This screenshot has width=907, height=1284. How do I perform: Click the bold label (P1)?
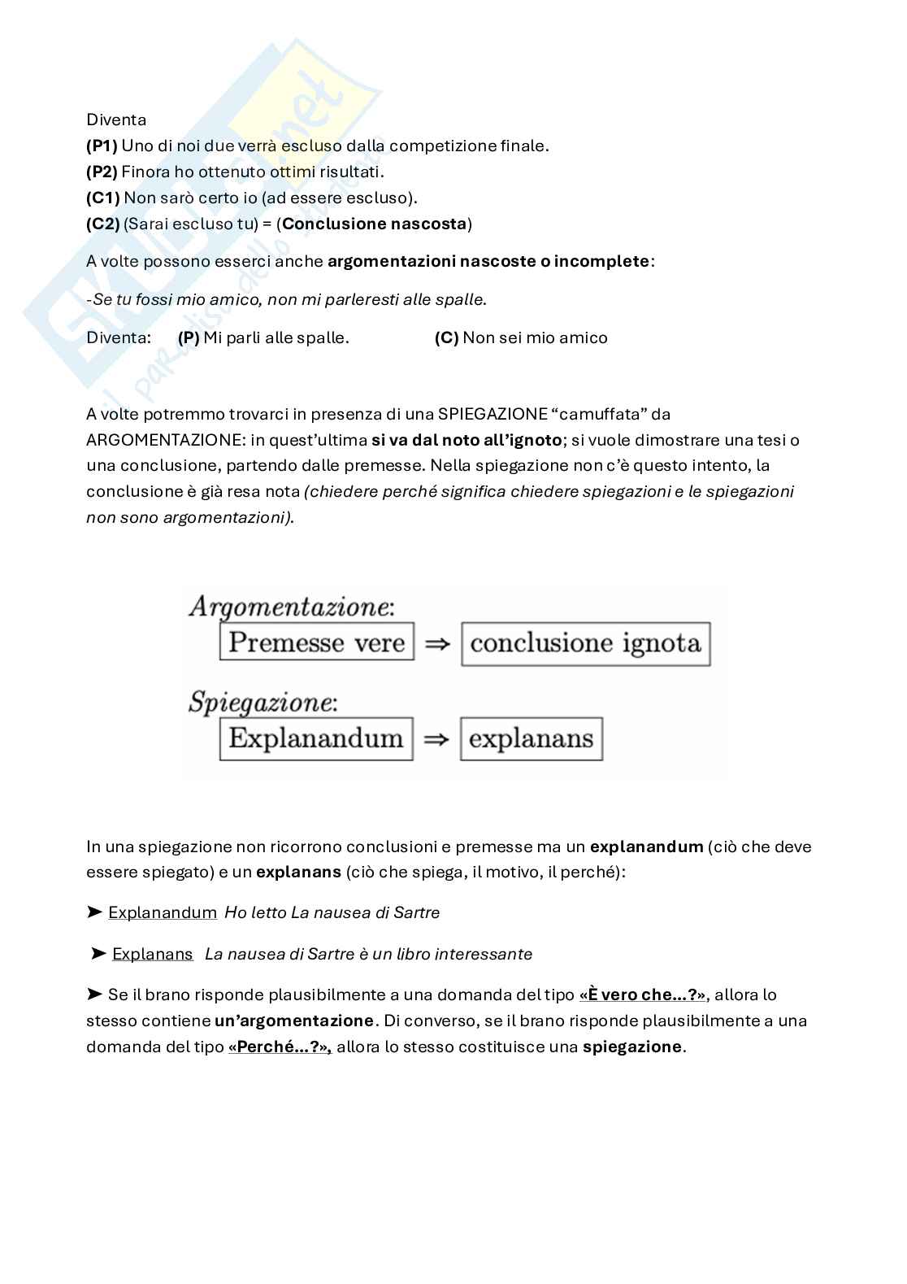pos(102,146)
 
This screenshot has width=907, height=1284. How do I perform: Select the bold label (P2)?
pos(102,172)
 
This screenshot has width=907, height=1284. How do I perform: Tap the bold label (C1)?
pos(103,198)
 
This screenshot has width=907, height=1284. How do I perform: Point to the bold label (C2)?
pos(103,224)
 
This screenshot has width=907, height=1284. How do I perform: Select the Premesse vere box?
pos(317,642)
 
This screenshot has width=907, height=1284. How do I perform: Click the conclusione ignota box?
pos(585,644)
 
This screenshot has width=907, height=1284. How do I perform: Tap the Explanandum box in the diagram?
pos(316,738)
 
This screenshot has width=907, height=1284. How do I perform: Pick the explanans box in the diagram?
pos(532,738)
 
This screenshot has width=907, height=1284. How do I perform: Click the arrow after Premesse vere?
pos(437,644)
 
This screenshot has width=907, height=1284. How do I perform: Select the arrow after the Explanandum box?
pos(436,739)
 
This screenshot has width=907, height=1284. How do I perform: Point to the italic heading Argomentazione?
pos(291,607)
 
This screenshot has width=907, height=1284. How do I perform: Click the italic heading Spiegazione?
pos(263,701)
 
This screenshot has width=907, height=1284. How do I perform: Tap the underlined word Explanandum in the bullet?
pos(163,912)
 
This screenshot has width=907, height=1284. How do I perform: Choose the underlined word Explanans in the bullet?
pos(153,954)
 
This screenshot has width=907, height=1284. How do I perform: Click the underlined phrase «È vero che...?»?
pos(642,995)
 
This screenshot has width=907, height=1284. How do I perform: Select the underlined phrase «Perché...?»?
pos(280,1047)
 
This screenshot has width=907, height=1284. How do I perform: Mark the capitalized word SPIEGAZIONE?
pos(493,414)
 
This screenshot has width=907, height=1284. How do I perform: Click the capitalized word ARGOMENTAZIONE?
pos(165,440)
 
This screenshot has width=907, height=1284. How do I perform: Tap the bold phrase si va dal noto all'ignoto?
pos(467,440)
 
